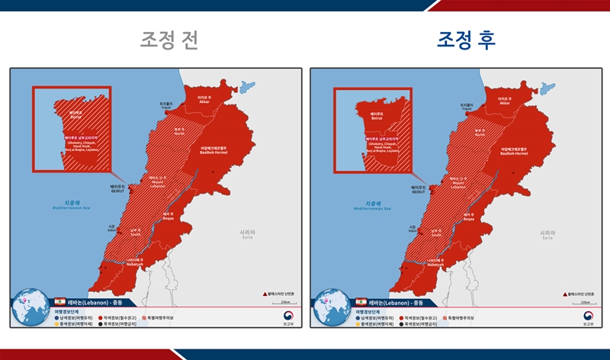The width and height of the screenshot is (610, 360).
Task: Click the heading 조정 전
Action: click(x=169, y=40)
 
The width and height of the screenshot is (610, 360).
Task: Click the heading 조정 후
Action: click(x=466, y=40)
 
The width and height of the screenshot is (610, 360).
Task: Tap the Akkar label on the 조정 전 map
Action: click(x=204, y=99)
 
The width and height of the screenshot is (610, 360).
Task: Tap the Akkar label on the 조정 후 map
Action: click(x=504, y=99)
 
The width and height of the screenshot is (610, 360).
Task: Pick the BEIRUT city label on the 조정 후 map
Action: click(x=418, y=190)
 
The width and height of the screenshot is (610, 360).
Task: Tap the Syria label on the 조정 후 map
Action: click(x=547, y=234)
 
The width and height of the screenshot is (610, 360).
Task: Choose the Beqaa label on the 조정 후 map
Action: click(x=468, y=217)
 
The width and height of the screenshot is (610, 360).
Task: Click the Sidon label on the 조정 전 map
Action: click(x=112, y=227)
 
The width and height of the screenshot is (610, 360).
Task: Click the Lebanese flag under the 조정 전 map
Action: click(x=60, y=303)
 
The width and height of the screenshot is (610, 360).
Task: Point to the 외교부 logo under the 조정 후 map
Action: click(x=588, y=318)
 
